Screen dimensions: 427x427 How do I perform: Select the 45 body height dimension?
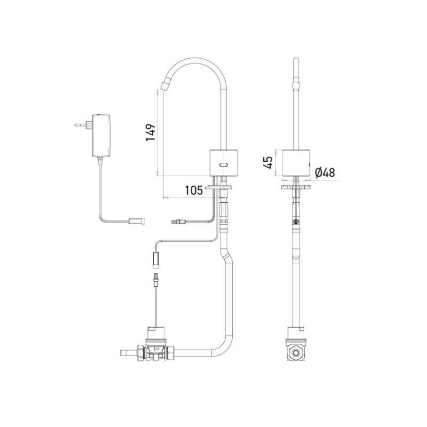click(x=270, y=160)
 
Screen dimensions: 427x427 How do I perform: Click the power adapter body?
click(x=100, y=135)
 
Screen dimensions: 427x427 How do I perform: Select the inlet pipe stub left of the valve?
click(x=126, y=353)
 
